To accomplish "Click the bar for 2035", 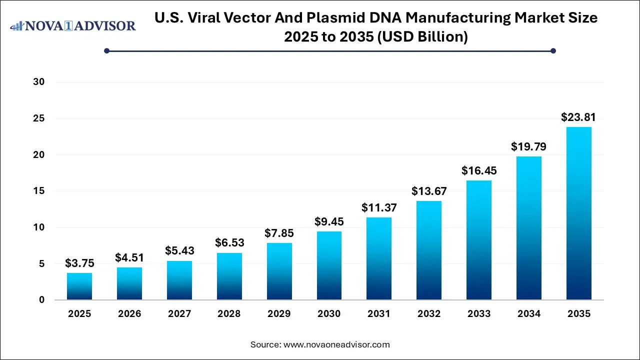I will click(x=579, y=213).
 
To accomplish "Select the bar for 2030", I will click(x=329, y=265).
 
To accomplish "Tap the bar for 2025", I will click(x=79, y=286).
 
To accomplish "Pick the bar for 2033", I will click(x=479, y=240).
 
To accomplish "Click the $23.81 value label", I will click(x=578, y=117).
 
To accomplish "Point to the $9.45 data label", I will click(x=329, y=221).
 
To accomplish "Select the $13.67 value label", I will click(x=429, y=191).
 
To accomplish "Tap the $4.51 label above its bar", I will click(x=129, y=257).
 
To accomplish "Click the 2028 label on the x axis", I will click(x=229, y=314).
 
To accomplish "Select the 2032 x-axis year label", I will click(x=429, y=314).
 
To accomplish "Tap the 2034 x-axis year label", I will click(x=529, y=314).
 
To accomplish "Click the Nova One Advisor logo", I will click(x=73, y=25).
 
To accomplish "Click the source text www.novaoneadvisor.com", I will click(x=336, y=344).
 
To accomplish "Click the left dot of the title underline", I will click(x=106, y=50).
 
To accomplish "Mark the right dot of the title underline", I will click(x=553, y=50).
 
